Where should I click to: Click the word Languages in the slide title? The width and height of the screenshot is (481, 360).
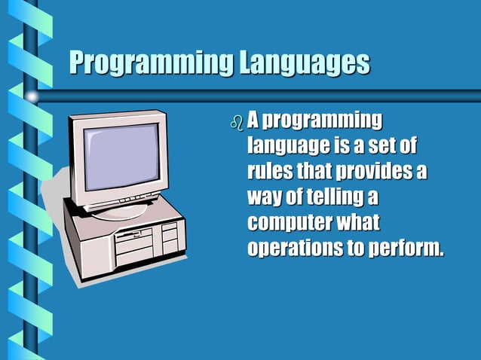(305, 63)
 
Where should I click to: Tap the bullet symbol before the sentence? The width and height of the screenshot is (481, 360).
(237, 122)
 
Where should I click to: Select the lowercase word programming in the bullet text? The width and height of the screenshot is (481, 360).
(325, 121)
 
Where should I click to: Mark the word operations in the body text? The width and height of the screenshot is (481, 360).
(293, 249)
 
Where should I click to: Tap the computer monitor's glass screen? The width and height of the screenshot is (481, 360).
(120, 157)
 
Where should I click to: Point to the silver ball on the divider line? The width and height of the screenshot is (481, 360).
(31, 96)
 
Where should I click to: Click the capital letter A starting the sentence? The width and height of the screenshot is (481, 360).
(254, 120)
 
